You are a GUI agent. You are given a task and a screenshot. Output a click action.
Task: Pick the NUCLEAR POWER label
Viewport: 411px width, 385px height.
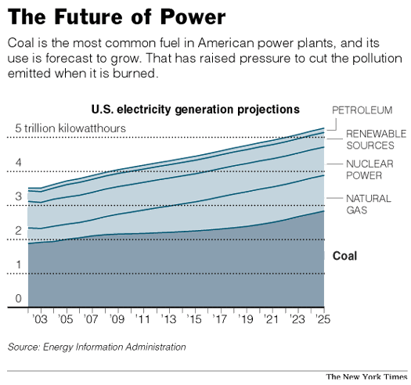pos(370,170)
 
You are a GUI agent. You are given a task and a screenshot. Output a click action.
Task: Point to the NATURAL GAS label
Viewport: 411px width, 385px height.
pos(367,204)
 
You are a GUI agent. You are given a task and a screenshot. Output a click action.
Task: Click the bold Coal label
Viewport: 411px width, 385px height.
pos(344,255)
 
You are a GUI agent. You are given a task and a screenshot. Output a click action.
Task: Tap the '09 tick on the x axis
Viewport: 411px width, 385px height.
pos(117,320)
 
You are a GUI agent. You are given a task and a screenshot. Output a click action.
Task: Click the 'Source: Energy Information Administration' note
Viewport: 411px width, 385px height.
pos(97,346)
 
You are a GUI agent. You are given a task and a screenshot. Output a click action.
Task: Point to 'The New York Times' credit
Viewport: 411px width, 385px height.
pos(366,376)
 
